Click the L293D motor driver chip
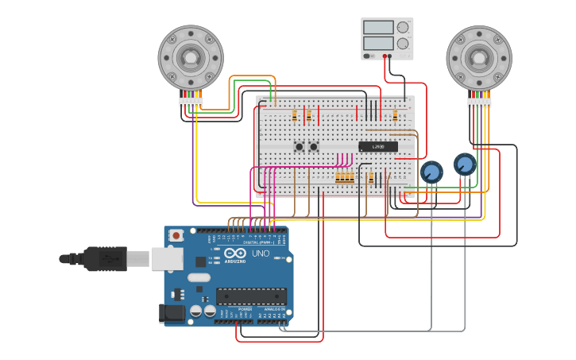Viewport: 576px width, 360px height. tap(378, 146)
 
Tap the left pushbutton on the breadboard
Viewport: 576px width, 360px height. tap(300, 146)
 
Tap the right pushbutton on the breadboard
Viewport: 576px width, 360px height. tap(314, 146)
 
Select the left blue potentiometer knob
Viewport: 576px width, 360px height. tap(431, 172)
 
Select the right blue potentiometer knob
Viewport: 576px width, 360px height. tap(465, 165)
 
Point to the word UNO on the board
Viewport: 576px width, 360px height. tap(261, 254)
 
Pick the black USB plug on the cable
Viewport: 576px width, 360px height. tap(104, 258)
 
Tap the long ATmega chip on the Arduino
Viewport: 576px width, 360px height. tap(251, 296)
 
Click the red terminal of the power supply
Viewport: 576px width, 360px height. tap(386, 56)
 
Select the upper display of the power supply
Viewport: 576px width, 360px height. tap(378, 27)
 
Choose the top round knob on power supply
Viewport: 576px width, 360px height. tap(403, 27)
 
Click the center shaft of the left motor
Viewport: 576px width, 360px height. tap(191, 56)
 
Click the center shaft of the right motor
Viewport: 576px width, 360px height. tap(479, 56)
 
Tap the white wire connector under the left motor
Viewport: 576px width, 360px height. tap(191, 103)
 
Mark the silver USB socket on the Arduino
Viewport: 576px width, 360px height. tap(167, 258)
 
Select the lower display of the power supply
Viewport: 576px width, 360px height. tap(378, 43)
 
